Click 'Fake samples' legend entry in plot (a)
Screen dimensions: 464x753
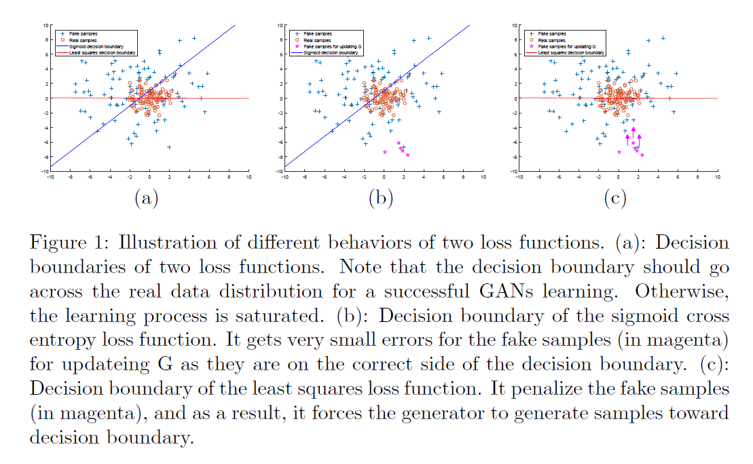[83, 33]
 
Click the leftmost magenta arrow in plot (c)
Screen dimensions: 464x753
[627, 139]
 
